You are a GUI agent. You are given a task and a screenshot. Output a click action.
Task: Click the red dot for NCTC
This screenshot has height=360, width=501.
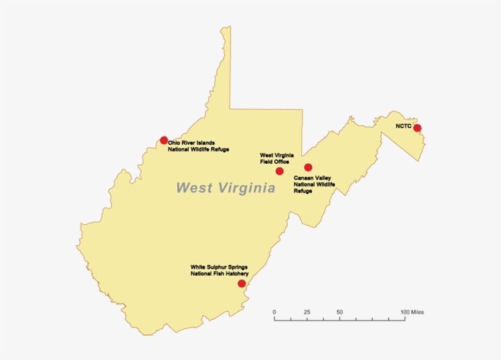(x=417, y=128)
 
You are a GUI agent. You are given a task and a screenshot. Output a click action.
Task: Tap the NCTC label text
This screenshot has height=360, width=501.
(x=404, y=127)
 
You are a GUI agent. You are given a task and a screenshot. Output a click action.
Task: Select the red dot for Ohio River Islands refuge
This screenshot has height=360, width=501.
(x=164, y=140)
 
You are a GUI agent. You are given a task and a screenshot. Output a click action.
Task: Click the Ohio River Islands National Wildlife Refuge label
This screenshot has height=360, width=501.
(x=198, y=146)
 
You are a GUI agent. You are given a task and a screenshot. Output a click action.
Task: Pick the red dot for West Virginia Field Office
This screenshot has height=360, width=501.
(x=280, y=171)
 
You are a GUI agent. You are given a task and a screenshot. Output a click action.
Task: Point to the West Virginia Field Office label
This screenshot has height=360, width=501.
(x=276, y=158)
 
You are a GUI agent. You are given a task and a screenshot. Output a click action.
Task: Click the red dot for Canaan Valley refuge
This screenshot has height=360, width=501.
(x=308, y=167)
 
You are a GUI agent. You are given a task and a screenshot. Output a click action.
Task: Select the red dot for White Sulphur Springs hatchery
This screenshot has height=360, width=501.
(x=242, y=284)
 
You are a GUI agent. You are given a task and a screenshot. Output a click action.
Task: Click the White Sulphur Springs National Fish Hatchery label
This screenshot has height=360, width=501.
(x=219, y=270)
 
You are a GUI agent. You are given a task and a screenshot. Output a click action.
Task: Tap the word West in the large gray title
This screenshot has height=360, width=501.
(x=194, y=188)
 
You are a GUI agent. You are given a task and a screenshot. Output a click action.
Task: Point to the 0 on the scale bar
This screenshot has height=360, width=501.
(x=274, y=312)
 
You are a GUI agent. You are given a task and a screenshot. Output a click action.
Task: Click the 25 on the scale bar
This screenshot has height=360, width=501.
(x=307, y=312)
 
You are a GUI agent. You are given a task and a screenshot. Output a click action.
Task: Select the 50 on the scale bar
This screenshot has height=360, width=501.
(x=339, y=312)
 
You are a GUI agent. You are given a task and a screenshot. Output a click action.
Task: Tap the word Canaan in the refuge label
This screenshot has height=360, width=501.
(x=304, y=178)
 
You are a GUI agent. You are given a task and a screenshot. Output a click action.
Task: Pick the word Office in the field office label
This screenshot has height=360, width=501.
(x=280, y=161)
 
